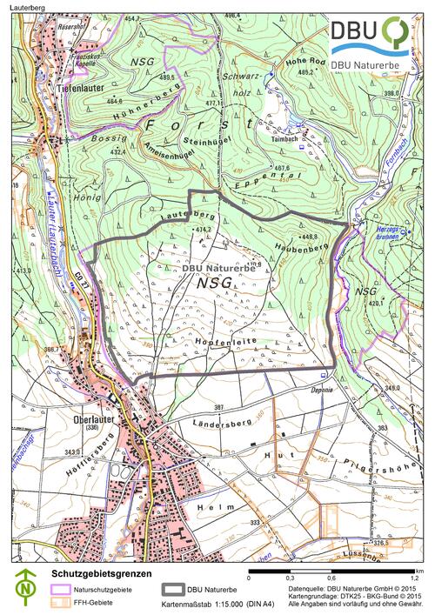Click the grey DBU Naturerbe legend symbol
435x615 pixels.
click(x=174, y=589)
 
